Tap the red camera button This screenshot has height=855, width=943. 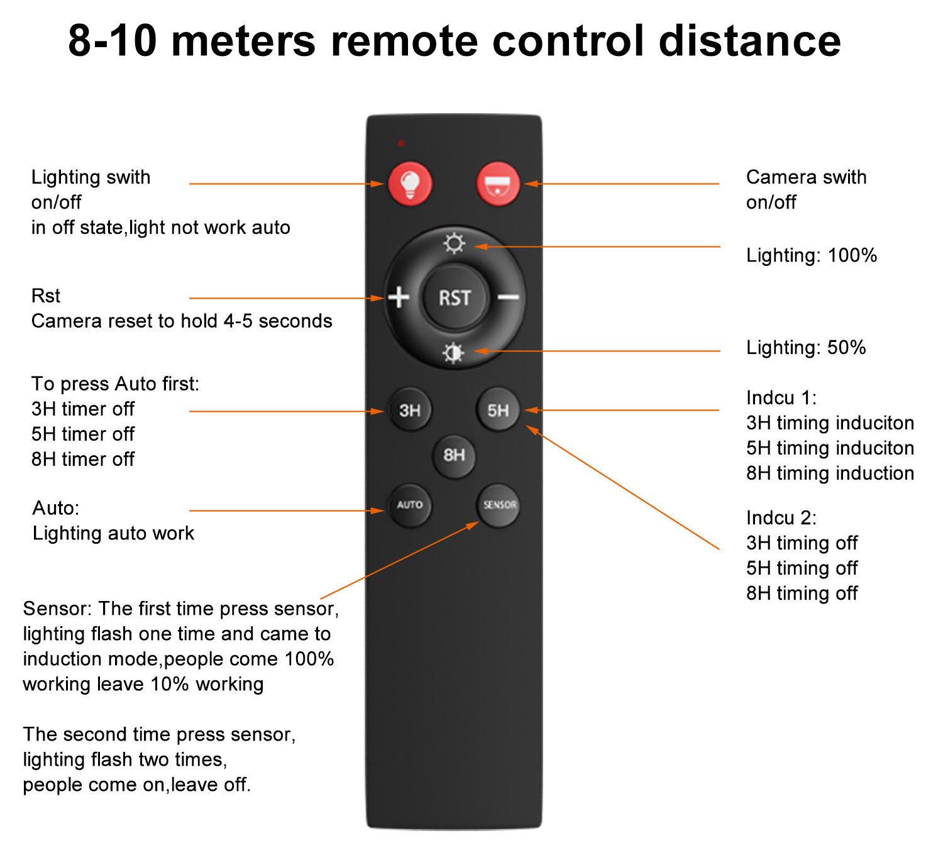pos(498,184)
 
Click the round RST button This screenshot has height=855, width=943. pos(455,297)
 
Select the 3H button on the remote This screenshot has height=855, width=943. pos(409,410)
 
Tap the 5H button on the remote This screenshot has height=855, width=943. pos(498,410)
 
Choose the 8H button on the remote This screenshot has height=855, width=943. pos(454,455)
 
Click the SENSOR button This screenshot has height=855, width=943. pos(499,505)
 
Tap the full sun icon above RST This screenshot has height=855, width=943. pos(454,244)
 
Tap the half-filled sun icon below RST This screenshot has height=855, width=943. pos(454,353)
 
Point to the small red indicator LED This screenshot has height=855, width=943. pos(401,143)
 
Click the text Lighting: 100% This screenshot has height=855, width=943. pos(812,255)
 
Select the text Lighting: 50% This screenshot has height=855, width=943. pos(806,348)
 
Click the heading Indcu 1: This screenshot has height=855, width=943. pos(781,398)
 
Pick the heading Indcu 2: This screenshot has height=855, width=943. pos(781,518)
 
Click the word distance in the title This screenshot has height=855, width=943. pos(749,40)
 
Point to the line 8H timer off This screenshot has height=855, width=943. pos(83,459)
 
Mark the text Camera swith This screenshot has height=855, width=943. pos(806,177)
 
